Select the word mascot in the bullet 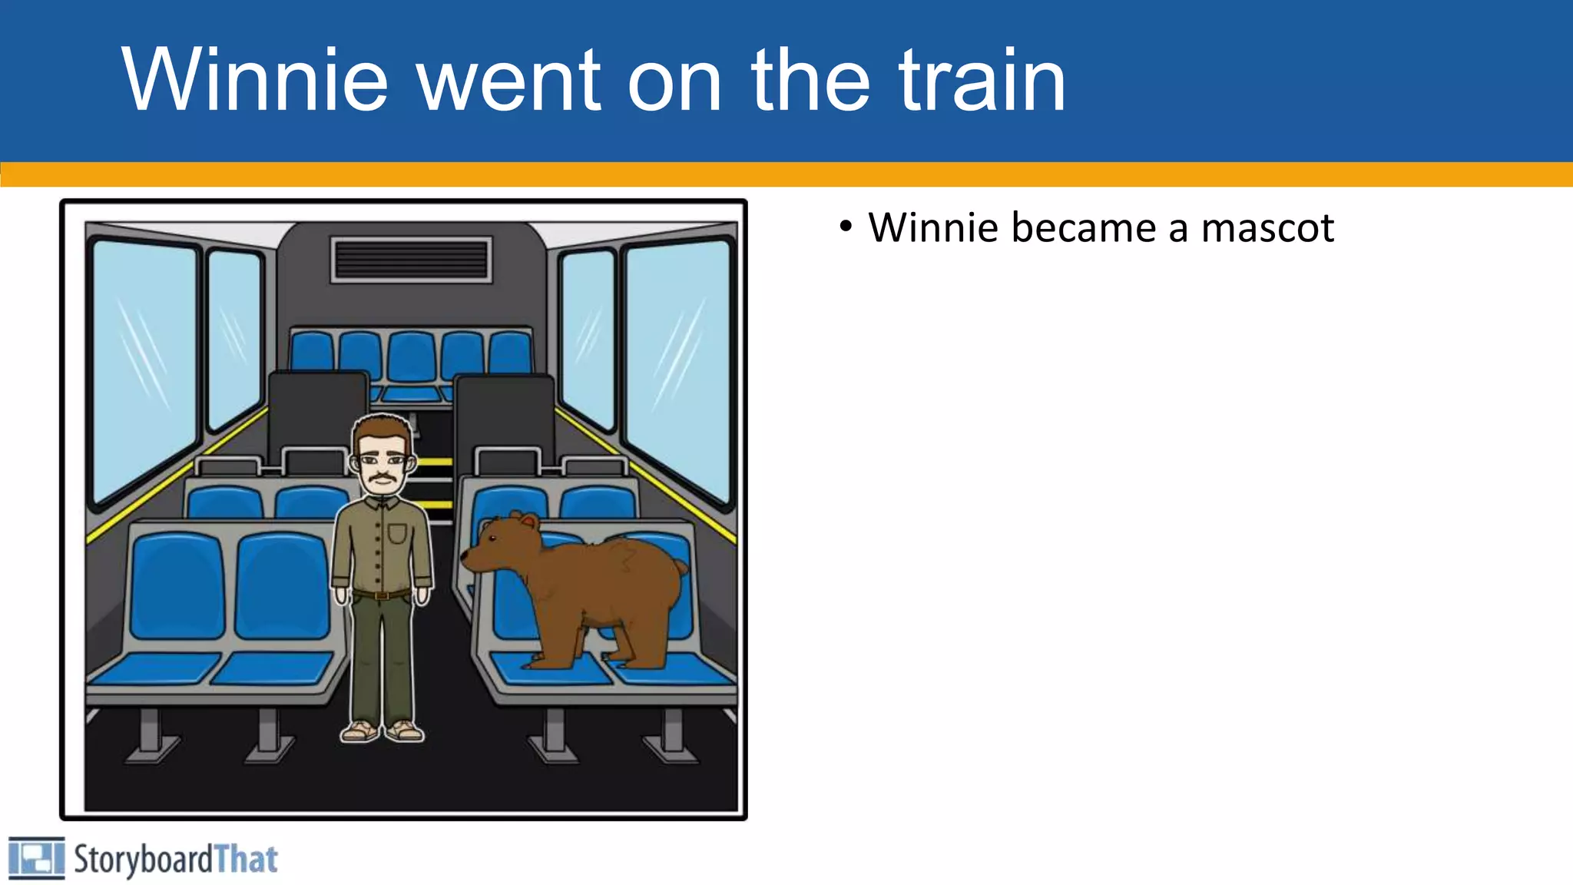[x=1267, y=228]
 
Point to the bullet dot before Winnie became [x=846, y=227]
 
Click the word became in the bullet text [x=1084, y=228]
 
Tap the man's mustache [x=382, y=481]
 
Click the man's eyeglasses [x=382, y=461]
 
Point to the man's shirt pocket [x=397, y=532]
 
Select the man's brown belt [x=382, y=595]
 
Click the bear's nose [x=465, y=555]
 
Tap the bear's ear [x=528, y=522]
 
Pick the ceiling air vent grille [x=412, y=260]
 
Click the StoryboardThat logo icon [x=36, y=858]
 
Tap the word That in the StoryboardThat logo [x=246, y=859]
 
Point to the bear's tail [x=680, y=568]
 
